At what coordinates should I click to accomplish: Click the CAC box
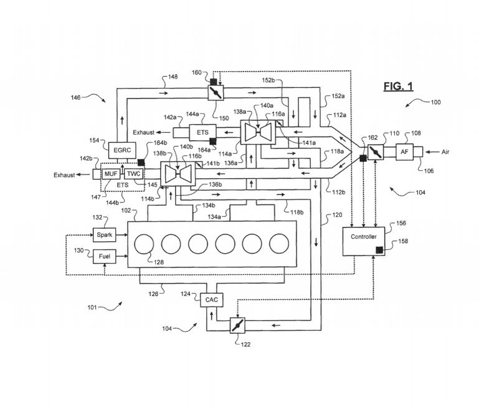tap(211, 299)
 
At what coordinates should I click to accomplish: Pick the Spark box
tap(103, 235)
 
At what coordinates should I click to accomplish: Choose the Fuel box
tap(103, 256)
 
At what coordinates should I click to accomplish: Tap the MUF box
tap(111, 174)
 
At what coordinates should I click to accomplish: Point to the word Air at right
tap(448, 151)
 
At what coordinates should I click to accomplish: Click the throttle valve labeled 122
tap(237, 325)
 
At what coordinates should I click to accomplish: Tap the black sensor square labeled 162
tap(363, 159)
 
